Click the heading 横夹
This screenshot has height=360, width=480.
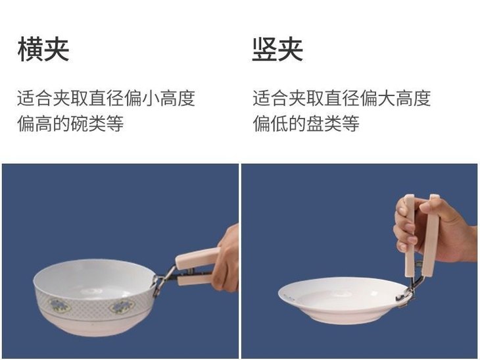pyautogui.click(x=43, y=49)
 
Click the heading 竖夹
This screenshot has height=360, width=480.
pyautogui.click(x=277, y=49)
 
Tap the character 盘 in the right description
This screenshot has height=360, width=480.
pyautogui.click(x=315, y=124)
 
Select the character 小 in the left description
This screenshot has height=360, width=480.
pyautogui.click(x=151, y=98)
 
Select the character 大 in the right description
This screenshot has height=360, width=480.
pyautogui.click(x=387, y=98)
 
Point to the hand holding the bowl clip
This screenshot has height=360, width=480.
pyautogui.click(x=226, y=259)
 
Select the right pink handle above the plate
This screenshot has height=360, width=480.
pyautogui.click(x=431, y=234)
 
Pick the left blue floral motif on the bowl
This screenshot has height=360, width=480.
pyautogui.click(x=59, y=305)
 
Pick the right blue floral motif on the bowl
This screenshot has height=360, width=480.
pyautogui.click(x=122, y=307)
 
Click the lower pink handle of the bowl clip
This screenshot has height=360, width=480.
pyautogui.click(x=195, y=280)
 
